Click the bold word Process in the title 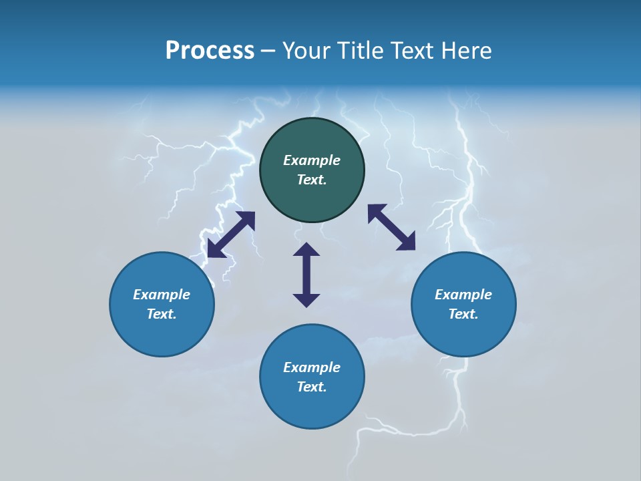coord(210,51)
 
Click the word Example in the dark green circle coord(312,160)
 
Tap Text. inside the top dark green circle coord(312,180)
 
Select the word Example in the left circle coord(162,295)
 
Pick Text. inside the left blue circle coord(162,314)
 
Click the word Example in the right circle coord(463,295)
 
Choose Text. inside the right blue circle coord(463,314)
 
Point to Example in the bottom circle coord(312,367)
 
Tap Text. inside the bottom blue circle coord(312,387)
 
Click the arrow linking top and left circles coord(231,234)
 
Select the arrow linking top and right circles coord(391,228)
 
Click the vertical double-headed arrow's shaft coord(306,275)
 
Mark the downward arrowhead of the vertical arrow coord(306,300)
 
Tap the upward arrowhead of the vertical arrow coord(306,249)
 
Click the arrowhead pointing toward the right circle coord(407,243)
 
